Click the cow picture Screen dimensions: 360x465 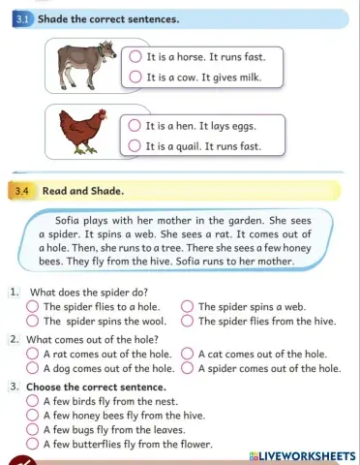click(x=84, y=65)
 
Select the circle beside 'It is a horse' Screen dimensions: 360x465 click(x=135, y=55)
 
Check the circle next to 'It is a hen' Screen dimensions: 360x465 click(x=135, y=125)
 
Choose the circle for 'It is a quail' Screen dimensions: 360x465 click(x=135, y=146)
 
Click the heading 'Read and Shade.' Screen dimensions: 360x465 click(x=82, y=191)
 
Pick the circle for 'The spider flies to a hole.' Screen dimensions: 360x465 click(x=32, y=306)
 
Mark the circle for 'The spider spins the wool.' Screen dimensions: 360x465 click(x=32, y=321)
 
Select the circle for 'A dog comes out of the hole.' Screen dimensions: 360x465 click(x=32, y=368)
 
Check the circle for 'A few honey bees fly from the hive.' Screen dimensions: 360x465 click(x=32, y=415)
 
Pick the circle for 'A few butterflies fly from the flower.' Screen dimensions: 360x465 click(x=32, y=444)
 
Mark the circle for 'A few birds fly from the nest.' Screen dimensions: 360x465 click(x=32, y=400)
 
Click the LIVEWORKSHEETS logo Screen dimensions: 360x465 click(x=301, y=454)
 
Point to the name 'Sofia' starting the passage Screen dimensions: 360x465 click(x=72, y=220)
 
